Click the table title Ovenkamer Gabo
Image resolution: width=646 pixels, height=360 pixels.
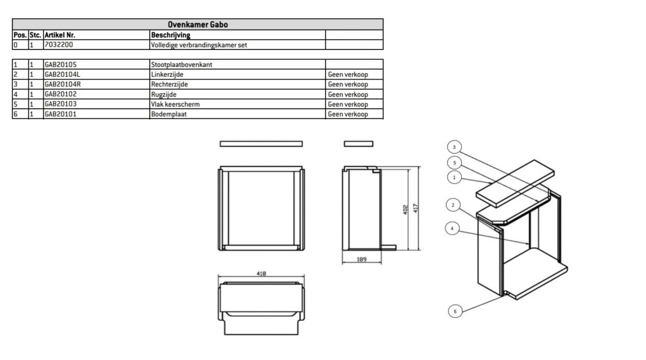197,25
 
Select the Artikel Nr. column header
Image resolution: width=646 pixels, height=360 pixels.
60,35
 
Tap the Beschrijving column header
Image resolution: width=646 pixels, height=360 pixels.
170,35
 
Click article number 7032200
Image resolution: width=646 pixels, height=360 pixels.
59,45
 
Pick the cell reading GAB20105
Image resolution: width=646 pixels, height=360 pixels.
61,65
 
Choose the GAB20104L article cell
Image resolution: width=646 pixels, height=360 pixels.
62,74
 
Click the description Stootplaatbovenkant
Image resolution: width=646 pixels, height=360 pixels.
182,65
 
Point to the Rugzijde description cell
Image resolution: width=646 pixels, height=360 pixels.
163,95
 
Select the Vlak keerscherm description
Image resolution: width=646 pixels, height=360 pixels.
175,104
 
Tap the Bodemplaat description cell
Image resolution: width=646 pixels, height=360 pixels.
168,114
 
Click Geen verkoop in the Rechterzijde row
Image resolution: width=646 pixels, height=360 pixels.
348,84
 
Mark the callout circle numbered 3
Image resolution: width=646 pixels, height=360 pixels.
454,147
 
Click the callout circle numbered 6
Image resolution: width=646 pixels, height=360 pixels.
455,311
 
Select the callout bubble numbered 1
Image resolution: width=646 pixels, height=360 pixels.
454,178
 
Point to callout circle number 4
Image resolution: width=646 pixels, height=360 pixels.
452,228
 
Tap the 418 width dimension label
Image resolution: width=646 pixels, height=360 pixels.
261,274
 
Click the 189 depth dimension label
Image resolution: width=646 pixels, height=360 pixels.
361,260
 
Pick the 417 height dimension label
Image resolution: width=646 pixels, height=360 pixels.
416,209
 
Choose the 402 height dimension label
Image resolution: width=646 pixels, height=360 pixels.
406,210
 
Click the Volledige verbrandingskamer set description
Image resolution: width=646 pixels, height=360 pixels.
199,45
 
